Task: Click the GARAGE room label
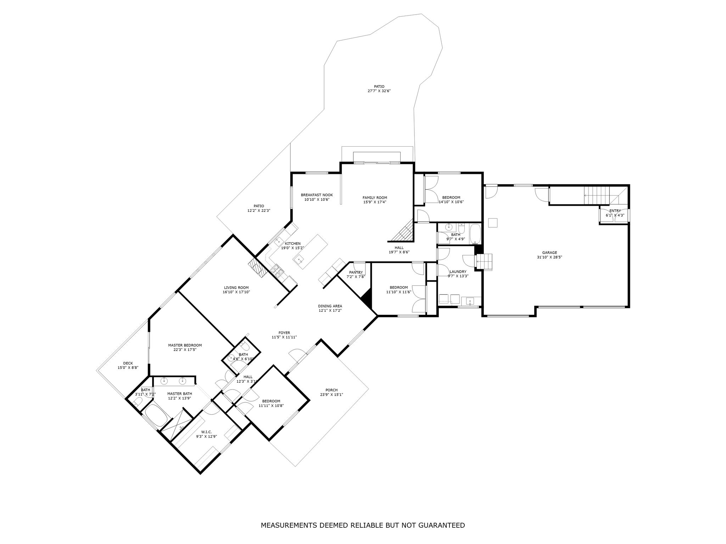(x=549, y=253)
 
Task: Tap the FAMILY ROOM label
(x=375, y=198)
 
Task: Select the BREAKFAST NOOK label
(x=317, y=195)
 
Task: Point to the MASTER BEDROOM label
(x=185, y=345)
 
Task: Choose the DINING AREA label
(x=330, y=306)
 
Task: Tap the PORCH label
(x=331, y=390)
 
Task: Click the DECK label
(x=128, y=363)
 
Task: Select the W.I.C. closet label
(x=206, y=432)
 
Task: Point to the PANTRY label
(x=356, y=272)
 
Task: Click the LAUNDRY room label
(x=458, y=272)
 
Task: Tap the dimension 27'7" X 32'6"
(x=379, y=91)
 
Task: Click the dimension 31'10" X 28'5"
(x=549, y=257)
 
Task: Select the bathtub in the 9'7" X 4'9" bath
(x=475, y=234)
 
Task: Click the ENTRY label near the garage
(x=615, y=211)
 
